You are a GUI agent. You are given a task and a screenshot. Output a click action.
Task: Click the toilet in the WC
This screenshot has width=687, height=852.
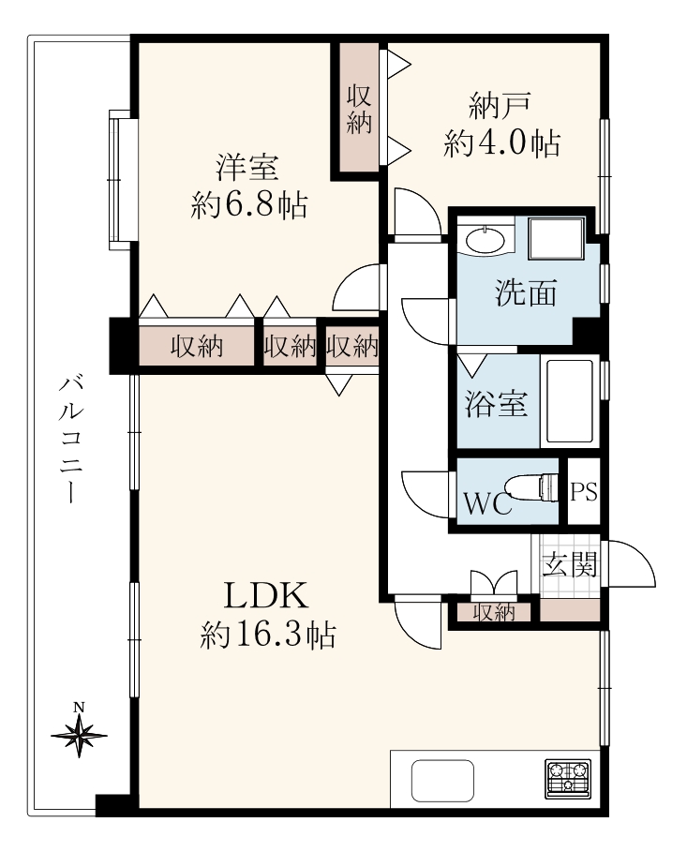[x=532, y=487]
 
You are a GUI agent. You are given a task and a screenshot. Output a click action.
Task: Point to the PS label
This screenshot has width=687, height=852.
[x=584, y=492]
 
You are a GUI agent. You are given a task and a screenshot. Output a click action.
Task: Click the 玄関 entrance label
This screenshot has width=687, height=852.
[x=570, y=564]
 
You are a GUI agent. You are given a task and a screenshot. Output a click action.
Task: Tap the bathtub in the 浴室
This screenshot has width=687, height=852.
[x=570, y=401]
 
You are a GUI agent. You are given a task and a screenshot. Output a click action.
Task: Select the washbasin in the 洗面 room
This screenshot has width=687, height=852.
[x=485, y=240]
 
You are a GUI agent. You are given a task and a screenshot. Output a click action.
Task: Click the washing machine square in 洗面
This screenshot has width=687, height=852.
[x=557, y=238]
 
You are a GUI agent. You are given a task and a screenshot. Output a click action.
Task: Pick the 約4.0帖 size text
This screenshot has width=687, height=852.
[x=501, y=143]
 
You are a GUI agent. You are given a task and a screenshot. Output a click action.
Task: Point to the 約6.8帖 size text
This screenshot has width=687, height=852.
[x=249, y=205]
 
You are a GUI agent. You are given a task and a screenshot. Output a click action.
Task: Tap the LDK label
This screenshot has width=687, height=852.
[x=266, y=595]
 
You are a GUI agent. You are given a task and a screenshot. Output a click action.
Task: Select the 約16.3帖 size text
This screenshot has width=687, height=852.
[x=267, y=635]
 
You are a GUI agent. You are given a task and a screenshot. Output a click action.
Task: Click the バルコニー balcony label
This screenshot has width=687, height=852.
[x=70, y=439]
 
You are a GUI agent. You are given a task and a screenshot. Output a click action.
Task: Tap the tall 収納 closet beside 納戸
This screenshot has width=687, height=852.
[x=359, y=109]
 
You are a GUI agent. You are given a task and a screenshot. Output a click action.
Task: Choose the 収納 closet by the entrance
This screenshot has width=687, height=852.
[x=494, y=613]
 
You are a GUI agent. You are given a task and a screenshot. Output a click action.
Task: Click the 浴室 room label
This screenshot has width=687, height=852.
[x=496, y=404]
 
